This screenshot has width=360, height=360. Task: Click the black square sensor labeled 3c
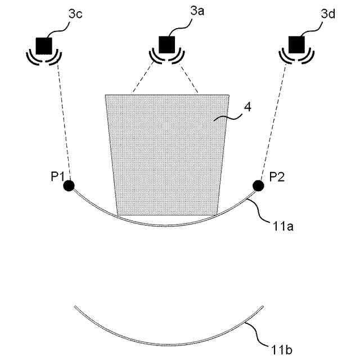pyautogui.click(x=43, y=44)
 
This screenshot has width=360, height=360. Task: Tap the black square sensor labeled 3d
pyautogui.click(x=295, y=44)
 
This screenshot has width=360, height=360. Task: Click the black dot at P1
pyautogui.click(x=69, y=185)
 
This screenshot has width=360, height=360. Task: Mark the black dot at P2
pyautogui.click(x=259, y=185)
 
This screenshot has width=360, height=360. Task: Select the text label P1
pyautogui.click(x=56, y=177)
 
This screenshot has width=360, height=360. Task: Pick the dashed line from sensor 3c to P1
pyautogui.click(x=62, y=124)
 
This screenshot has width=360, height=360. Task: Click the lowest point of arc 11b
pyautogui.click(x=169, y=345)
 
